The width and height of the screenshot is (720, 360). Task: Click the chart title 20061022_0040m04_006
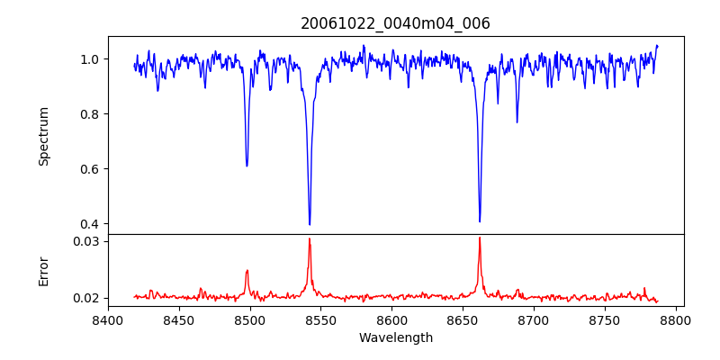point(395,23)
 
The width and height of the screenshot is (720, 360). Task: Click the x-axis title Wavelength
point(395,337)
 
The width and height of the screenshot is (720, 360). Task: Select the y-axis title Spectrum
point(44,136)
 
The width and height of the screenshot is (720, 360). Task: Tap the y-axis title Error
point(44,271)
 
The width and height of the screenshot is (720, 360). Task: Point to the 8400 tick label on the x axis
point(108,319)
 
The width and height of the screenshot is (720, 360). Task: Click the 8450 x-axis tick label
point(179,319)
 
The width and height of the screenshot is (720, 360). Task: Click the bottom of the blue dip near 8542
point(310,224)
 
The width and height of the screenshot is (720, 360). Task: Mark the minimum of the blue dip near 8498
point(247,166)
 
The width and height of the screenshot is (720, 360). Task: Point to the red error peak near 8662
point(480,238)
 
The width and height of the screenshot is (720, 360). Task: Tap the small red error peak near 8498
point(247,270)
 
